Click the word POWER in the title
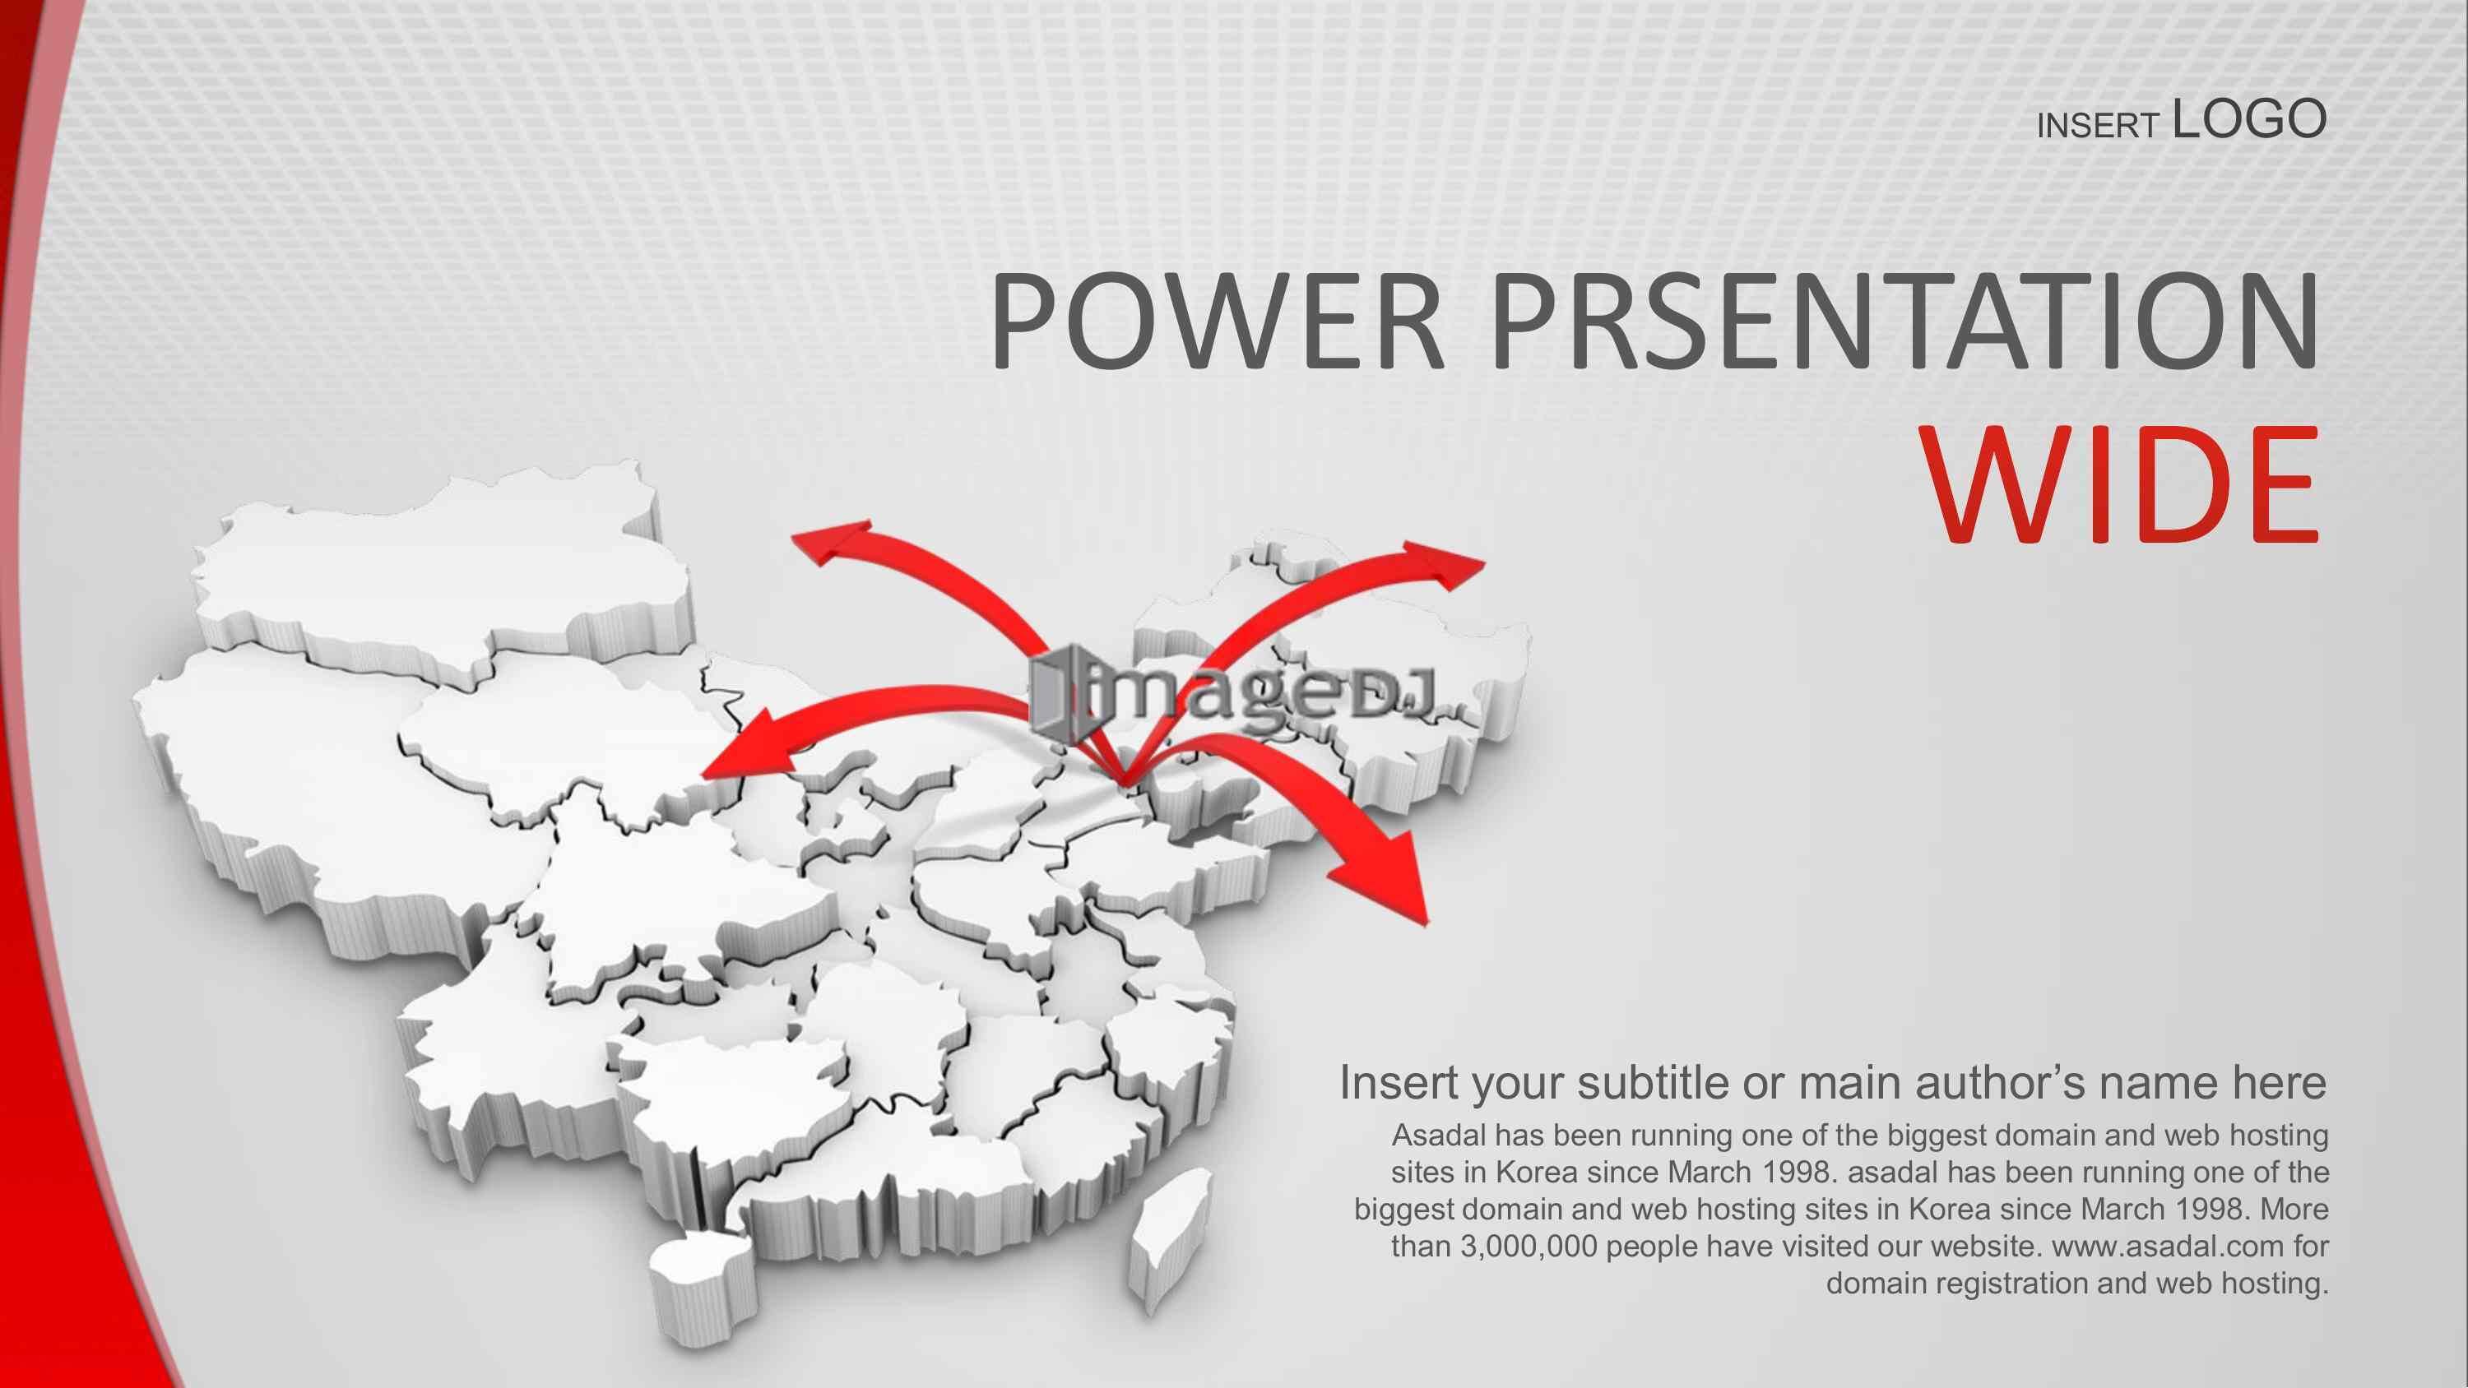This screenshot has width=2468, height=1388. (1218, 320)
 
